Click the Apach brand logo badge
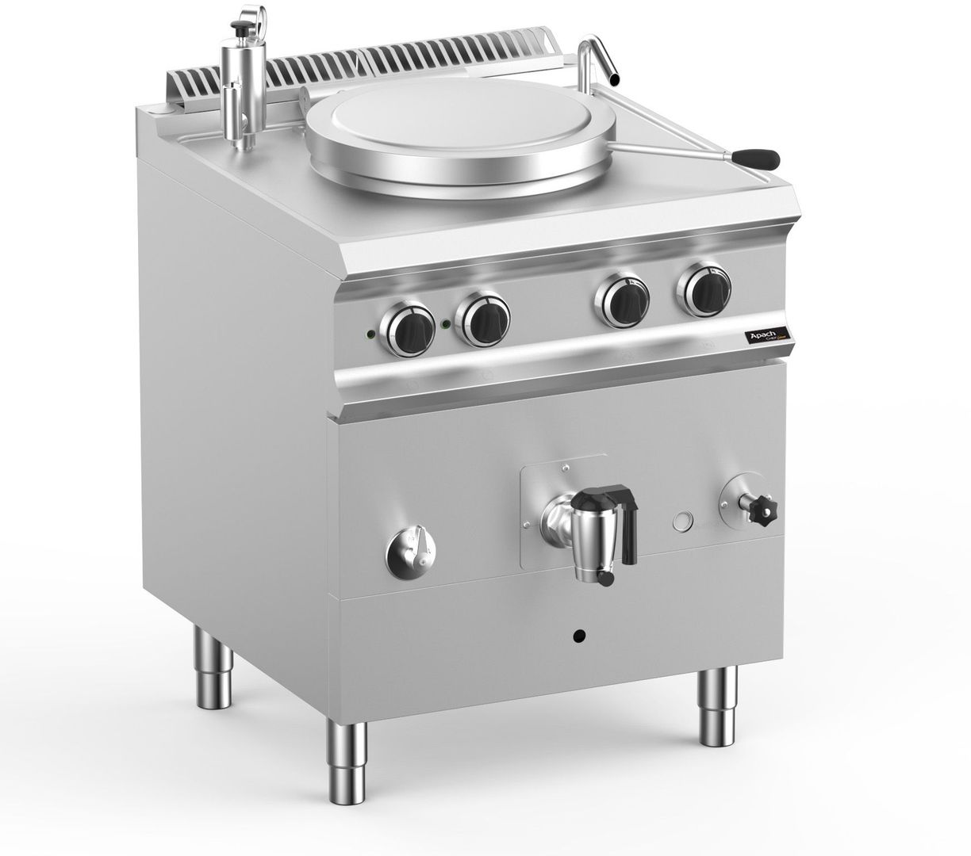click(767, 336)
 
